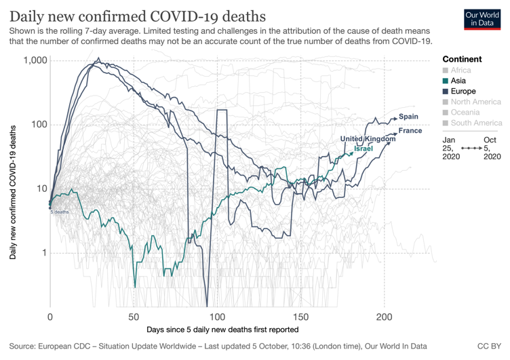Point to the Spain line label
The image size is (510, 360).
pyautogui.click(x=408, y=117)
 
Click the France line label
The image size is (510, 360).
pyautogui.click(x=410, y=130)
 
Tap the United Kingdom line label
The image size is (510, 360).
pyautogui.click(x=367, y=139)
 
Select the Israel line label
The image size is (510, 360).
pyautogui.click(x=364, y=148)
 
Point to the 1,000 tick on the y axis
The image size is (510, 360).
pyautogui.click(x=35, y=60)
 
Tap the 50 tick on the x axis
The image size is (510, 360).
pyautogui.click(x=134, y=317)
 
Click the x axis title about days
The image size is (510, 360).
pyautogui.click(x=222, y=329)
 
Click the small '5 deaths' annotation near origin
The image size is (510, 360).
pyautogui.click(x=60, y=212)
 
